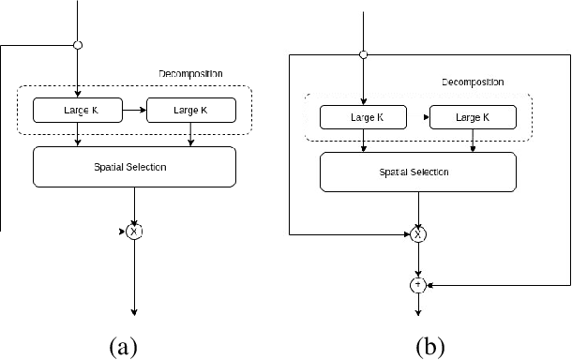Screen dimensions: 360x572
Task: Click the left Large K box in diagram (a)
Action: (76, 110)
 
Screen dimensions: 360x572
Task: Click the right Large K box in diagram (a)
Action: (192, 110)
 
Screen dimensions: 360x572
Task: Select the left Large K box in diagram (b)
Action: (363, 117)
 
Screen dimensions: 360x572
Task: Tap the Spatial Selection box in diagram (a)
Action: (134, 167)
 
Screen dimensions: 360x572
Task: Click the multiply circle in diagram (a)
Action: (135, 231)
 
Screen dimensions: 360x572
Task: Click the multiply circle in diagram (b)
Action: (417, 233)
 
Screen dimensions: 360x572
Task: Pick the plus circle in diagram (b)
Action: (417, 284)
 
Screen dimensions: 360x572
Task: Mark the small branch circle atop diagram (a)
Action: (78, 43)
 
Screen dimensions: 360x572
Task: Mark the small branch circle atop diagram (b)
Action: (364, 54)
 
